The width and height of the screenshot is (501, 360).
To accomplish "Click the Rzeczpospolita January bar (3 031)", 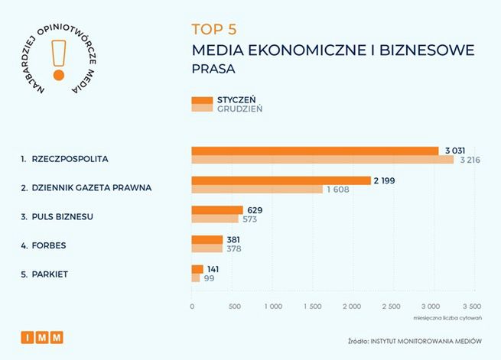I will pos(314,151).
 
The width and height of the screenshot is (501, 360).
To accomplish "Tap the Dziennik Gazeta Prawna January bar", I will pos(281,180).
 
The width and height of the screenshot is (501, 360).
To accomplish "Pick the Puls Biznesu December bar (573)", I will pos(214,219).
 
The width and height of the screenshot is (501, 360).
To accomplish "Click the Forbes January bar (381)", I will pos(207,239).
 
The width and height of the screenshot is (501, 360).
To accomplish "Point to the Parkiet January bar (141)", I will pos(197,269).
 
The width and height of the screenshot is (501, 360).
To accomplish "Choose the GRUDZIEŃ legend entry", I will pos(238,109).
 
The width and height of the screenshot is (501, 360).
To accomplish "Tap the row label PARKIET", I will pos(48,274).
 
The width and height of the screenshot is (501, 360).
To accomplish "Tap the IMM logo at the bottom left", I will pos(42,336).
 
